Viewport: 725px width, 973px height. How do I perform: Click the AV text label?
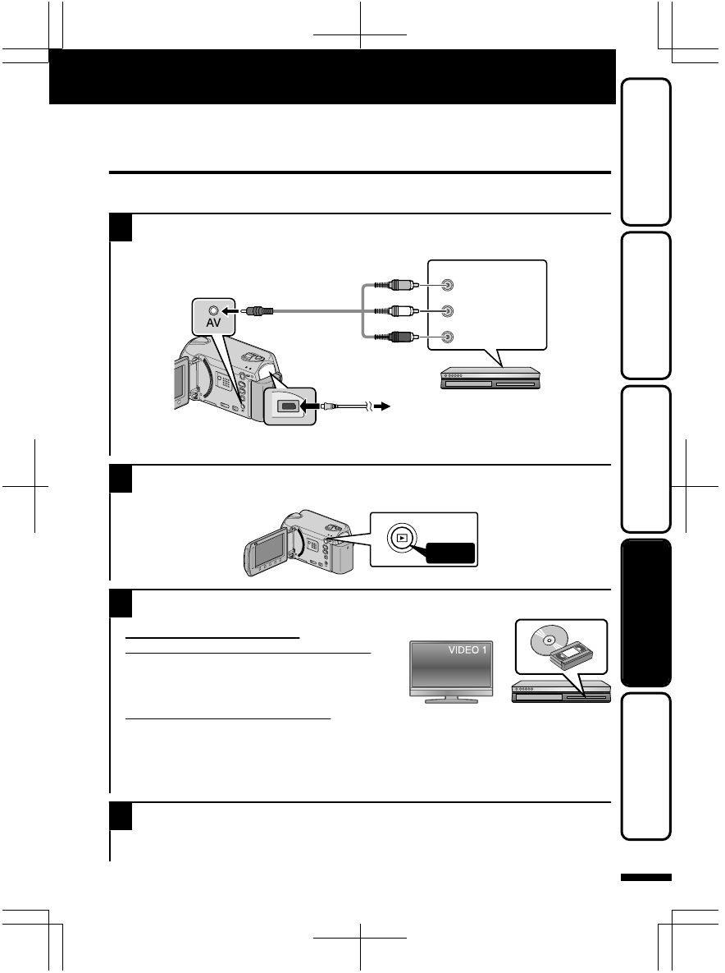click(x=213, y=325)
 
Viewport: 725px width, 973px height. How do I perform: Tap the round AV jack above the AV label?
click(x=213, y=311)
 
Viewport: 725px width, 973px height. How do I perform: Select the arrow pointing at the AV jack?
click(x=234, y=311)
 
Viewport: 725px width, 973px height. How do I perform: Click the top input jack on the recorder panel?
click(x=446, y=286)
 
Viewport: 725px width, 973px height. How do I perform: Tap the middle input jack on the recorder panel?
click(x=446, y=311)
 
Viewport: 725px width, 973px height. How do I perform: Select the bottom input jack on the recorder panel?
click(x=446, y=336)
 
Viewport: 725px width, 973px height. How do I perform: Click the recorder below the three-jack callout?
click(x=490, y=379)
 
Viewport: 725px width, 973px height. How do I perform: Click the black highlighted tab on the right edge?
click(x=646, y=612)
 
